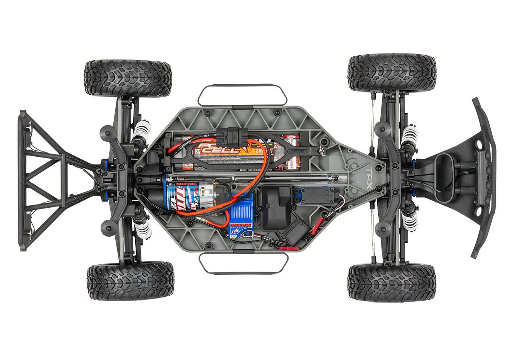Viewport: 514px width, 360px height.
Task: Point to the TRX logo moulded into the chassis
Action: click(368, 177)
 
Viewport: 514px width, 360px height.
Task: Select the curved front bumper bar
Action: click(484, 177)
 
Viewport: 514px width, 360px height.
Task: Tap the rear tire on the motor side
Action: click(130, 281)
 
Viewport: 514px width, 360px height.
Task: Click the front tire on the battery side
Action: click(392, 72)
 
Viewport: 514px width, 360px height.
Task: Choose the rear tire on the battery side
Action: click(128, 78)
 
